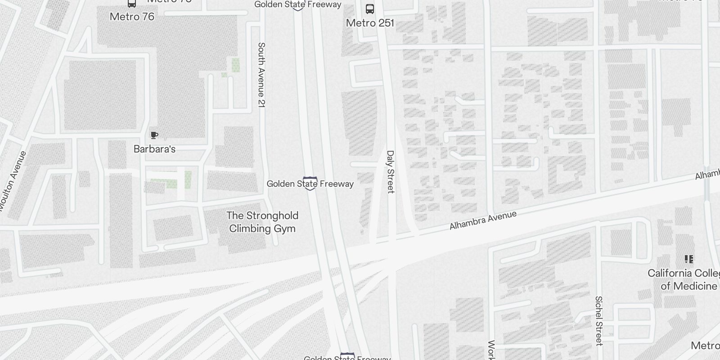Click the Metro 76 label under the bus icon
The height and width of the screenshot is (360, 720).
[x=132, y=17]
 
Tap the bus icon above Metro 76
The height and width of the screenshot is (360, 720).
[x=132, y=4]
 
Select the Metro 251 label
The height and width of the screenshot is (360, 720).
[x=370, y=23]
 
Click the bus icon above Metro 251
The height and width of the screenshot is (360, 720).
[x=370, y=9]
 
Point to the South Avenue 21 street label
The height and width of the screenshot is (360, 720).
[x=261, y=75]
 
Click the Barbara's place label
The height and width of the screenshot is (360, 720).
[x=154, y=149]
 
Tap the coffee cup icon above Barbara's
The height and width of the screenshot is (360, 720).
[x=154, y=135]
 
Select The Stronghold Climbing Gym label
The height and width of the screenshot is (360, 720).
[x=262, y=222]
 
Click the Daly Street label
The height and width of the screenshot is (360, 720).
[x=390, y=172]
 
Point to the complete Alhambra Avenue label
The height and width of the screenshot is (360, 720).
[x=483, y=220]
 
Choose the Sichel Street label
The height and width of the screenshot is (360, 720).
[x=598, y=320]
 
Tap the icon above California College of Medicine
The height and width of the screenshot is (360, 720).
[x=688, y=259]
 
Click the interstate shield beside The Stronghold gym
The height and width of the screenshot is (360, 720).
[x=310, y=184]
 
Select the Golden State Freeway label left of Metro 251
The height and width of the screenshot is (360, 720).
[x=298, y=4]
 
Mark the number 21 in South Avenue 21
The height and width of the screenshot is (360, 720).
[x=261, y=102]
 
